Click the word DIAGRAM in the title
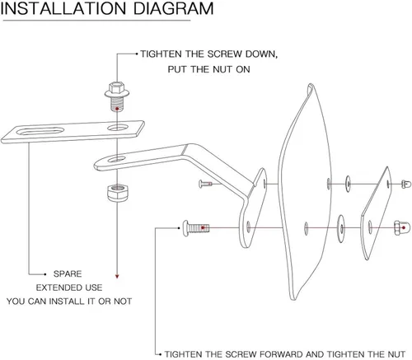click(x=173, y=8)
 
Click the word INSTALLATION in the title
click(x=63, y=8)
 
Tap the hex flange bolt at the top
click(x=117, y=96)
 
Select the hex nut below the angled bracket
click(x=117, y=193)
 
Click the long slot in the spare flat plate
click(x=40, y=131)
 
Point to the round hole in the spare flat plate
click(x=118, y=128)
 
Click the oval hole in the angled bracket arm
click(x=116, y=159)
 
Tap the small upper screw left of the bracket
click(x=206, y=184)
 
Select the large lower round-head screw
click(x=196, y=227)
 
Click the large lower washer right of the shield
click(x=341, y=228)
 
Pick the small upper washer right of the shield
click(x=348, y=184)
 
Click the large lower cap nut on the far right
click(x=402, y=228)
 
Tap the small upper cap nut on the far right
click(x=406, y=184)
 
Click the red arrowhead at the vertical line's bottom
click(x=117, y=276)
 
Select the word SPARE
click(x=68, y=274)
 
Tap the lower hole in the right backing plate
click(x=370, y=227)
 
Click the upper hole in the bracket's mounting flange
click(x=265, y=184)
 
